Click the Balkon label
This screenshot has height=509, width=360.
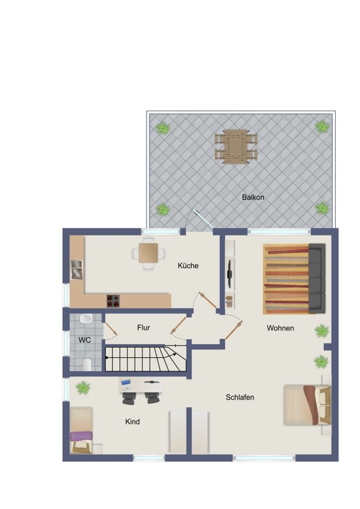tap(253, 197)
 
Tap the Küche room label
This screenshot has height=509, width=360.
tap(188, 265)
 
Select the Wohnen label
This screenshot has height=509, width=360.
tap(280, 327)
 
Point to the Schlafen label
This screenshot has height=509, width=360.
tap(240, 397)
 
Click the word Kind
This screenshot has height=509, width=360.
tap(132, 421)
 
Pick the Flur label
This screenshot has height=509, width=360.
tap(144, 327)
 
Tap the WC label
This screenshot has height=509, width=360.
tap(84, 340)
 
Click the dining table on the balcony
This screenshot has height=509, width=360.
tap(235, 146)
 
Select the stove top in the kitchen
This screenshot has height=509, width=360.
tap(113, 301)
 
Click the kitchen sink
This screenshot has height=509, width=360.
tap(76, 270)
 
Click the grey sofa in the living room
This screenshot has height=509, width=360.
tap(317, 278)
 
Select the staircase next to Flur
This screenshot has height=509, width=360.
tap(145, 359)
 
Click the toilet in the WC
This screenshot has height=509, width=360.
tap(87, 364)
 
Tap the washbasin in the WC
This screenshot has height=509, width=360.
tap(85, 320)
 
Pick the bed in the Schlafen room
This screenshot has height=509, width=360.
tap(306, 404)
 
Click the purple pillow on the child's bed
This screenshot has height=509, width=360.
tap(80, 436)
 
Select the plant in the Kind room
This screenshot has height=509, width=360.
tap(83, 387)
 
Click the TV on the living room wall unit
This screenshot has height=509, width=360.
tap(230, 274)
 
